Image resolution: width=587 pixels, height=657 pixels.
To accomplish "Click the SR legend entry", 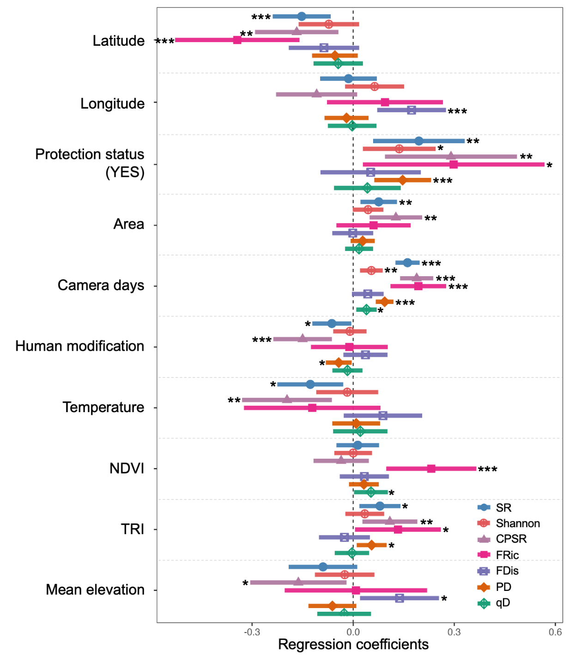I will pyautogui.click(x=503, y=508).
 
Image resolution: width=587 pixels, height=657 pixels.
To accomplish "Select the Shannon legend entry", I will pyautogui.click(x=517, y=523).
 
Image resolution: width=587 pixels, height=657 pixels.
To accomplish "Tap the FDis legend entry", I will pyautogui.click(x=507, y=571).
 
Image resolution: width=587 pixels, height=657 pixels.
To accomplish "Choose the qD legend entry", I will pyautogui.click(x=502, y=603).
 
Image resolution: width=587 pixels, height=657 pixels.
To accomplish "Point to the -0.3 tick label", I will pyautogui.click(x=252, y=632).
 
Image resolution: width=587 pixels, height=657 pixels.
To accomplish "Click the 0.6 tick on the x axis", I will pyautogui.click(x=555, y=632).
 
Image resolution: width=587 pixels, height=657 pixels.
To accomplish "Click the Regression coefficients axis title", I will pyautogui.click(x=353, y=645).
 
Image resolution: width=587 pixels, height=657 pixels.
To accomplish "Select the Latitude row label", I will pyautogui.click(x=119, y=41).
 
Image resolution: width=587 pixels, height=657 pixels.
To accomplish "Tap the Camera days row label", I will pyautogui.click(x=101, y=286).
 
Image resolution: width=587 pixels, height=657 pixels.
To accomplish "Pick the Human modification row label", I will pyautogui.click(x=79, y=346).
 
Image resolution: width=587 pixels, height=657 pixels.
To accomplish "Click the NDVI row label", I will pyautogui.click(x=127, y=468).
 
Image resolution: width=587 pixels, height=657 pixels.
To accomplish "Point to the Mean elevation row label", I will pyautogui.click(x=95, y=590).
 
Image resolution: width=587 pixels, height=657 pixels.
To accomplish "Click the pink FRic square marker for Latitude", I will pyautogui.click(x=237, y=40).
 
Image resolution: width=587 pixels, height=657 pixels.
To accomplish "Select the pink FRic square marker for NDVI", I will pyautogui.click(x=431, y=468).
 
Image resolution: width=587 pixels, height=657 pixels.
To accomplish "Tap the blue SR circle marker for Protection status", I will pyautogui.click(x=418, y=141).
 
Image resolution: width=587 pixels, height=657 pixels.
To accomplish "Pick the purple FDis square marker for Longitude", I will pyautogui.click(x=411, y=110).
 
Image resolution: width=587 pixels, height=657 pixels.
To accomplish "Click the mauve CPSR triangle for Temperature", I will pyautogui.click(x=287, y=399).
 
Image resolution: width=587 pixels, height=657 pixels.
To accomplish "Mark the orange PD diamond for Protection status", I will pyautogui.click(x=402, y=180).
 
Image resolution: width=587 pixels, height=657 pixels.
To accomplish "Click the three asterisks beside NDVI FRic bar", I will pyautogui.click(x=488, y=470).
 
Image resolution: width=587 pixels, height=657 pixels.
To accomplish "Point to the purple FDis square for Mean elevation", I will pyautogui.click(x=399, y=598).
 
